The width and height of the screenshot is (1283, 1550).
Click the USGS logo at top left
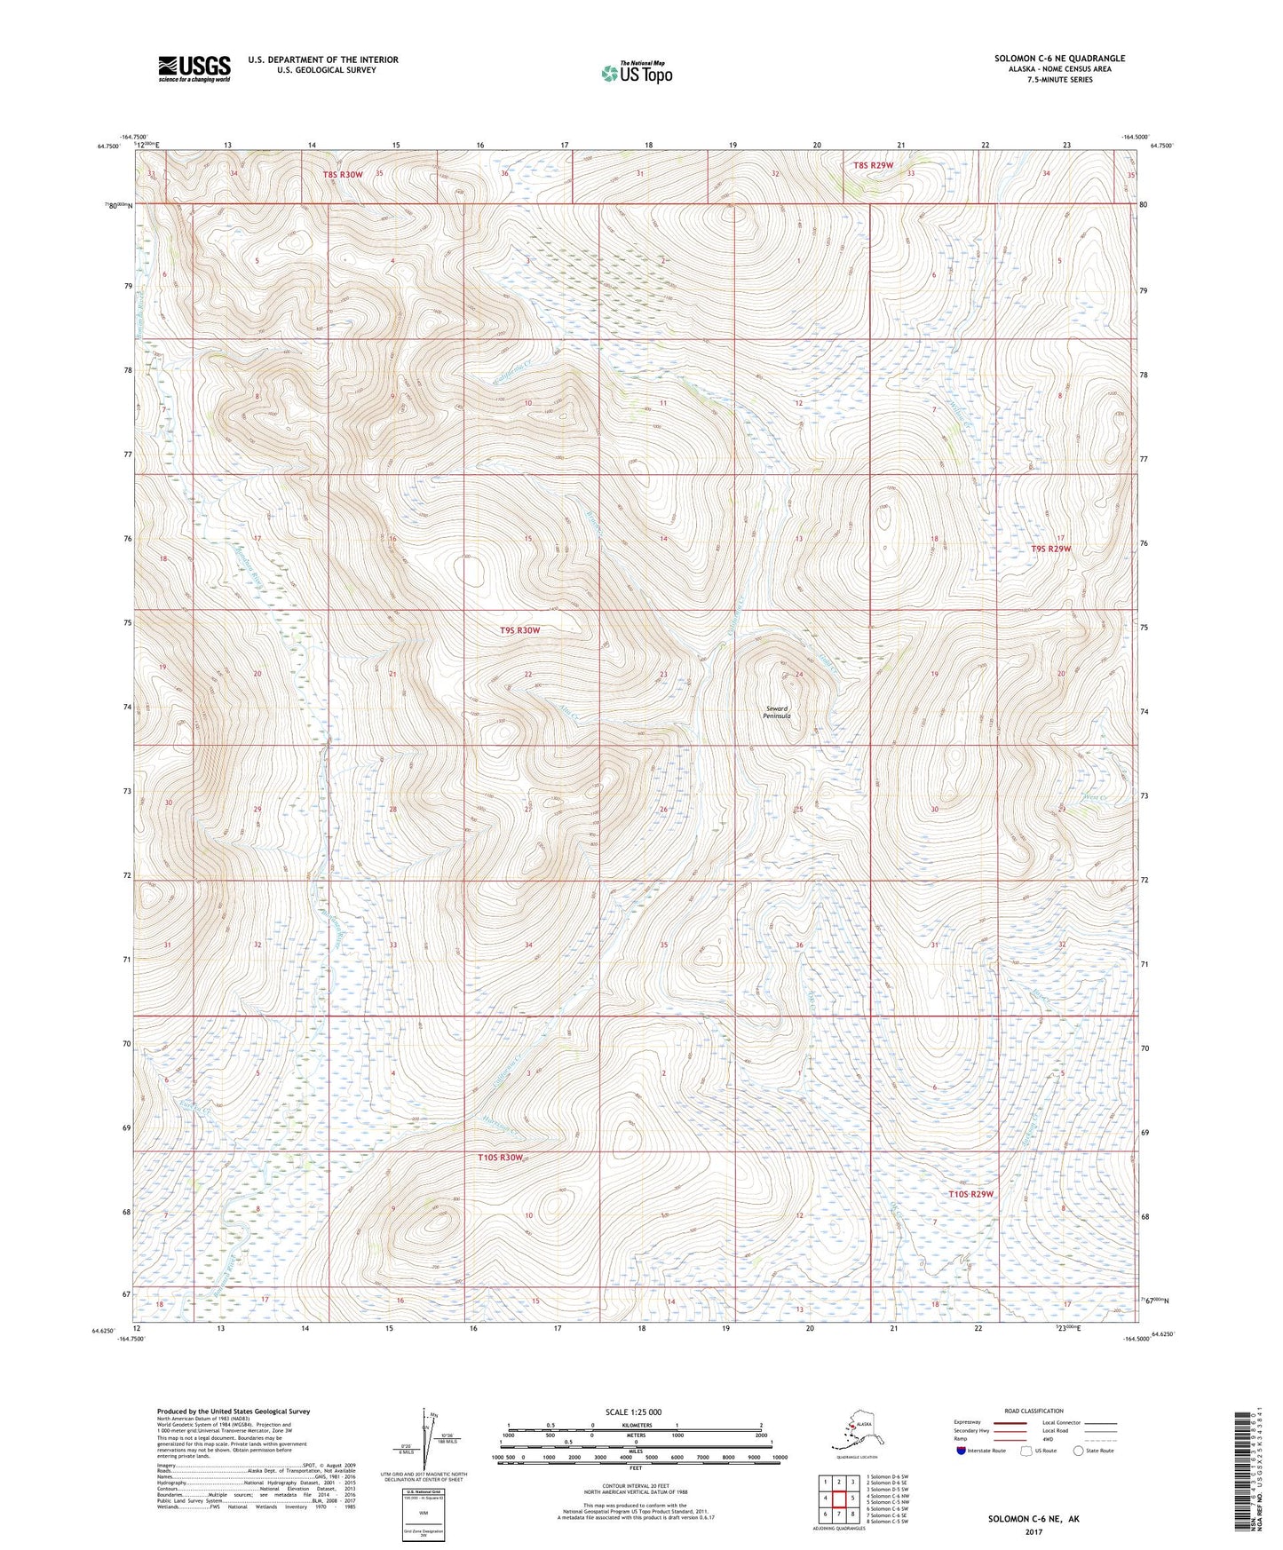194,68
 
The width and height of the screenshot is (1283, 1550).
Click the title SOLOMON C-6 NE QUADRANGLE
1059,59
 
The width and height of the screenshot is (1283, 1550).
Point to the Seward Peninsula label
779,712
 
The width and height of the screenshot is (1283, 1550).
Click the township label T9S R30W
519,630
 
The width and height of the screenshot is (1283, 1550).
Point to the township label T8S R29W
873,165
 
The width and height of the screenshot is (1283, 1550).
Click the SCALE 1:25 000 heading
634,1412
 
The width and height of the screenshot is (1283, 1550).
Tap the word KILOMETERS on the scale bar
634,1426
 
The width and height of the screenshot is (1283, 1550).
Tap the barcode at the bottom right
1240,1474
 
